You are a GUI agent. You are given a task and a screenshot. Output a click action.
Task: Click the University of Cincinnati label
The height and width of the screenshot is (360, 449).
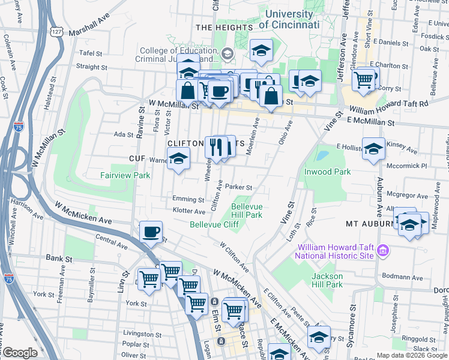(x=289, y=19)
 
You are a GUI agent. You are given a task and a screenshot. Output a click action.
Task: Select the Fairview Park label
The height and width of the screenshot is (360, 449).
(x=125, y=176)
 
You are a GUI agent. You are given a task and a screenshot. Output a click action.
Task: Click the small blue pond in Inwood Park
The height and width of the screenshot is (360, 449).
(x=322, y=155)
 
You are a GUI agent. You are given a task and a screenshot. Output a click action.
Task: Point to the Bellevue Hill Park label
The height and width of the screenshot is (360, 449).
(x=247, y=211)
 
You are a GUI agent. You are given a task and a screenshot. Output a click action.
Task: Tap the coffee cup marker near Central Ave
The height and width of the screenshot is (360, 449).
(x=151, y=231)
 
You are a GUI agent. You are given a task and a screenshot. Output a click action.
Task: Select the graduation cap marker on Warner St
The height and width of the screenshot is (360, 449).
(x=178, y=159)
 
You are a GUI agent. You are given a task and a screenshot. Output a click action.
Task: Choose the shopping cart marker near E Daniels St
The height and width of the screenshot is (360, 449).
(x=363, y=79)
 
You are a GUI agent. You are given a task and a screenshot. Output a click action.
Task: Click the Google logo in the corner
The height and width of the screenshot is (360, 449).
(x=20, y=353)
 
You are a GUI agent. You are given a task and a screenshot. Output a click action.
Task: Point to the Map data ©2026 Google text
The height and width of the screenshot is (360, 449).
(x=411, y=355)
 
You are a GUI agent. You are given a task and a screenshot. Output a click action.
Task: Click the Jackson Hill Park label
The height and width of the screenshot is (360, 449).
(x=327, y=280)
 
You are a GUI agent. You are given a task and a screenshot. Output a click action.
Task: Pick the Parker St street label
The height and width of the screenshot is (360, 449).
(x=239, y=187)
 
